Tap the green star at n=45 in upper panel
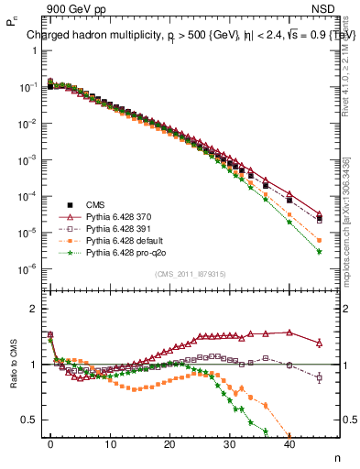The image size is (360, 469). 319,251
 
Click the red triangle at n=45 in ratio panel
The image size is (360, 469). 319,344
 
